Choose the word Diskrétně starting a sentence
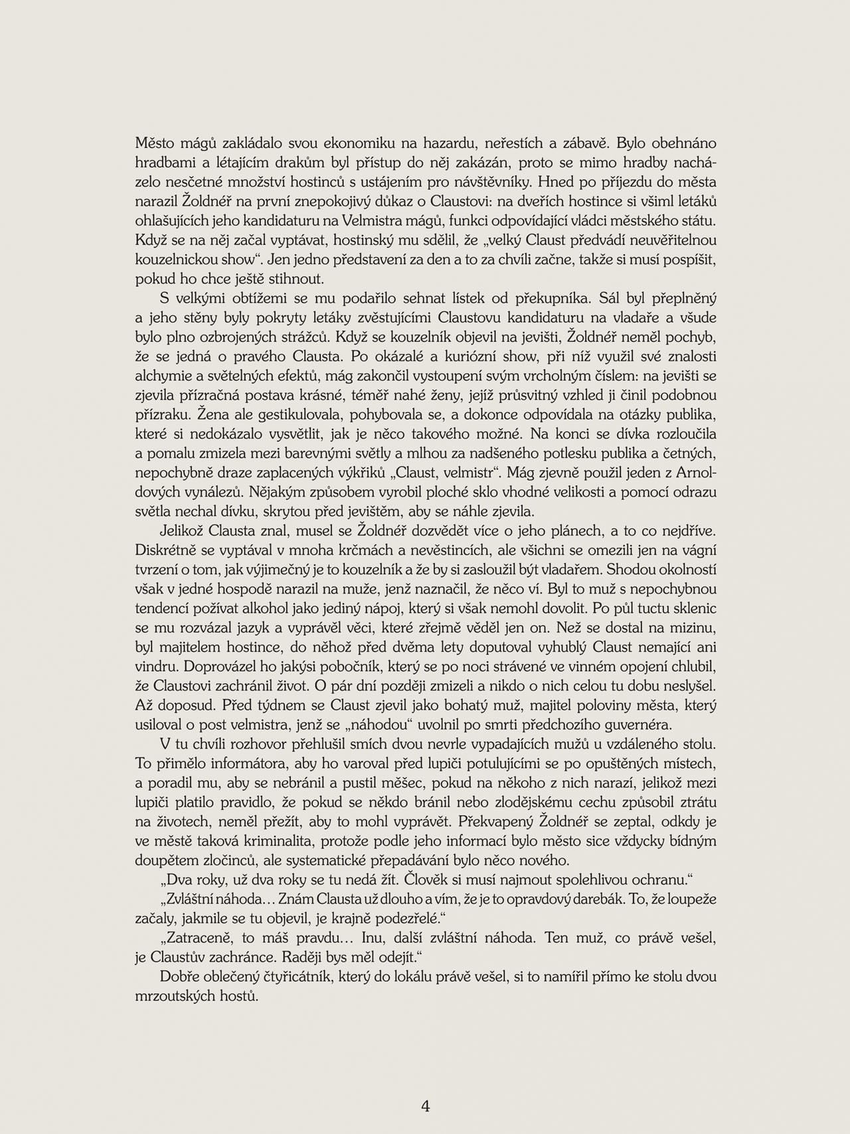pyautogui.click(x=167, y=550)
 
